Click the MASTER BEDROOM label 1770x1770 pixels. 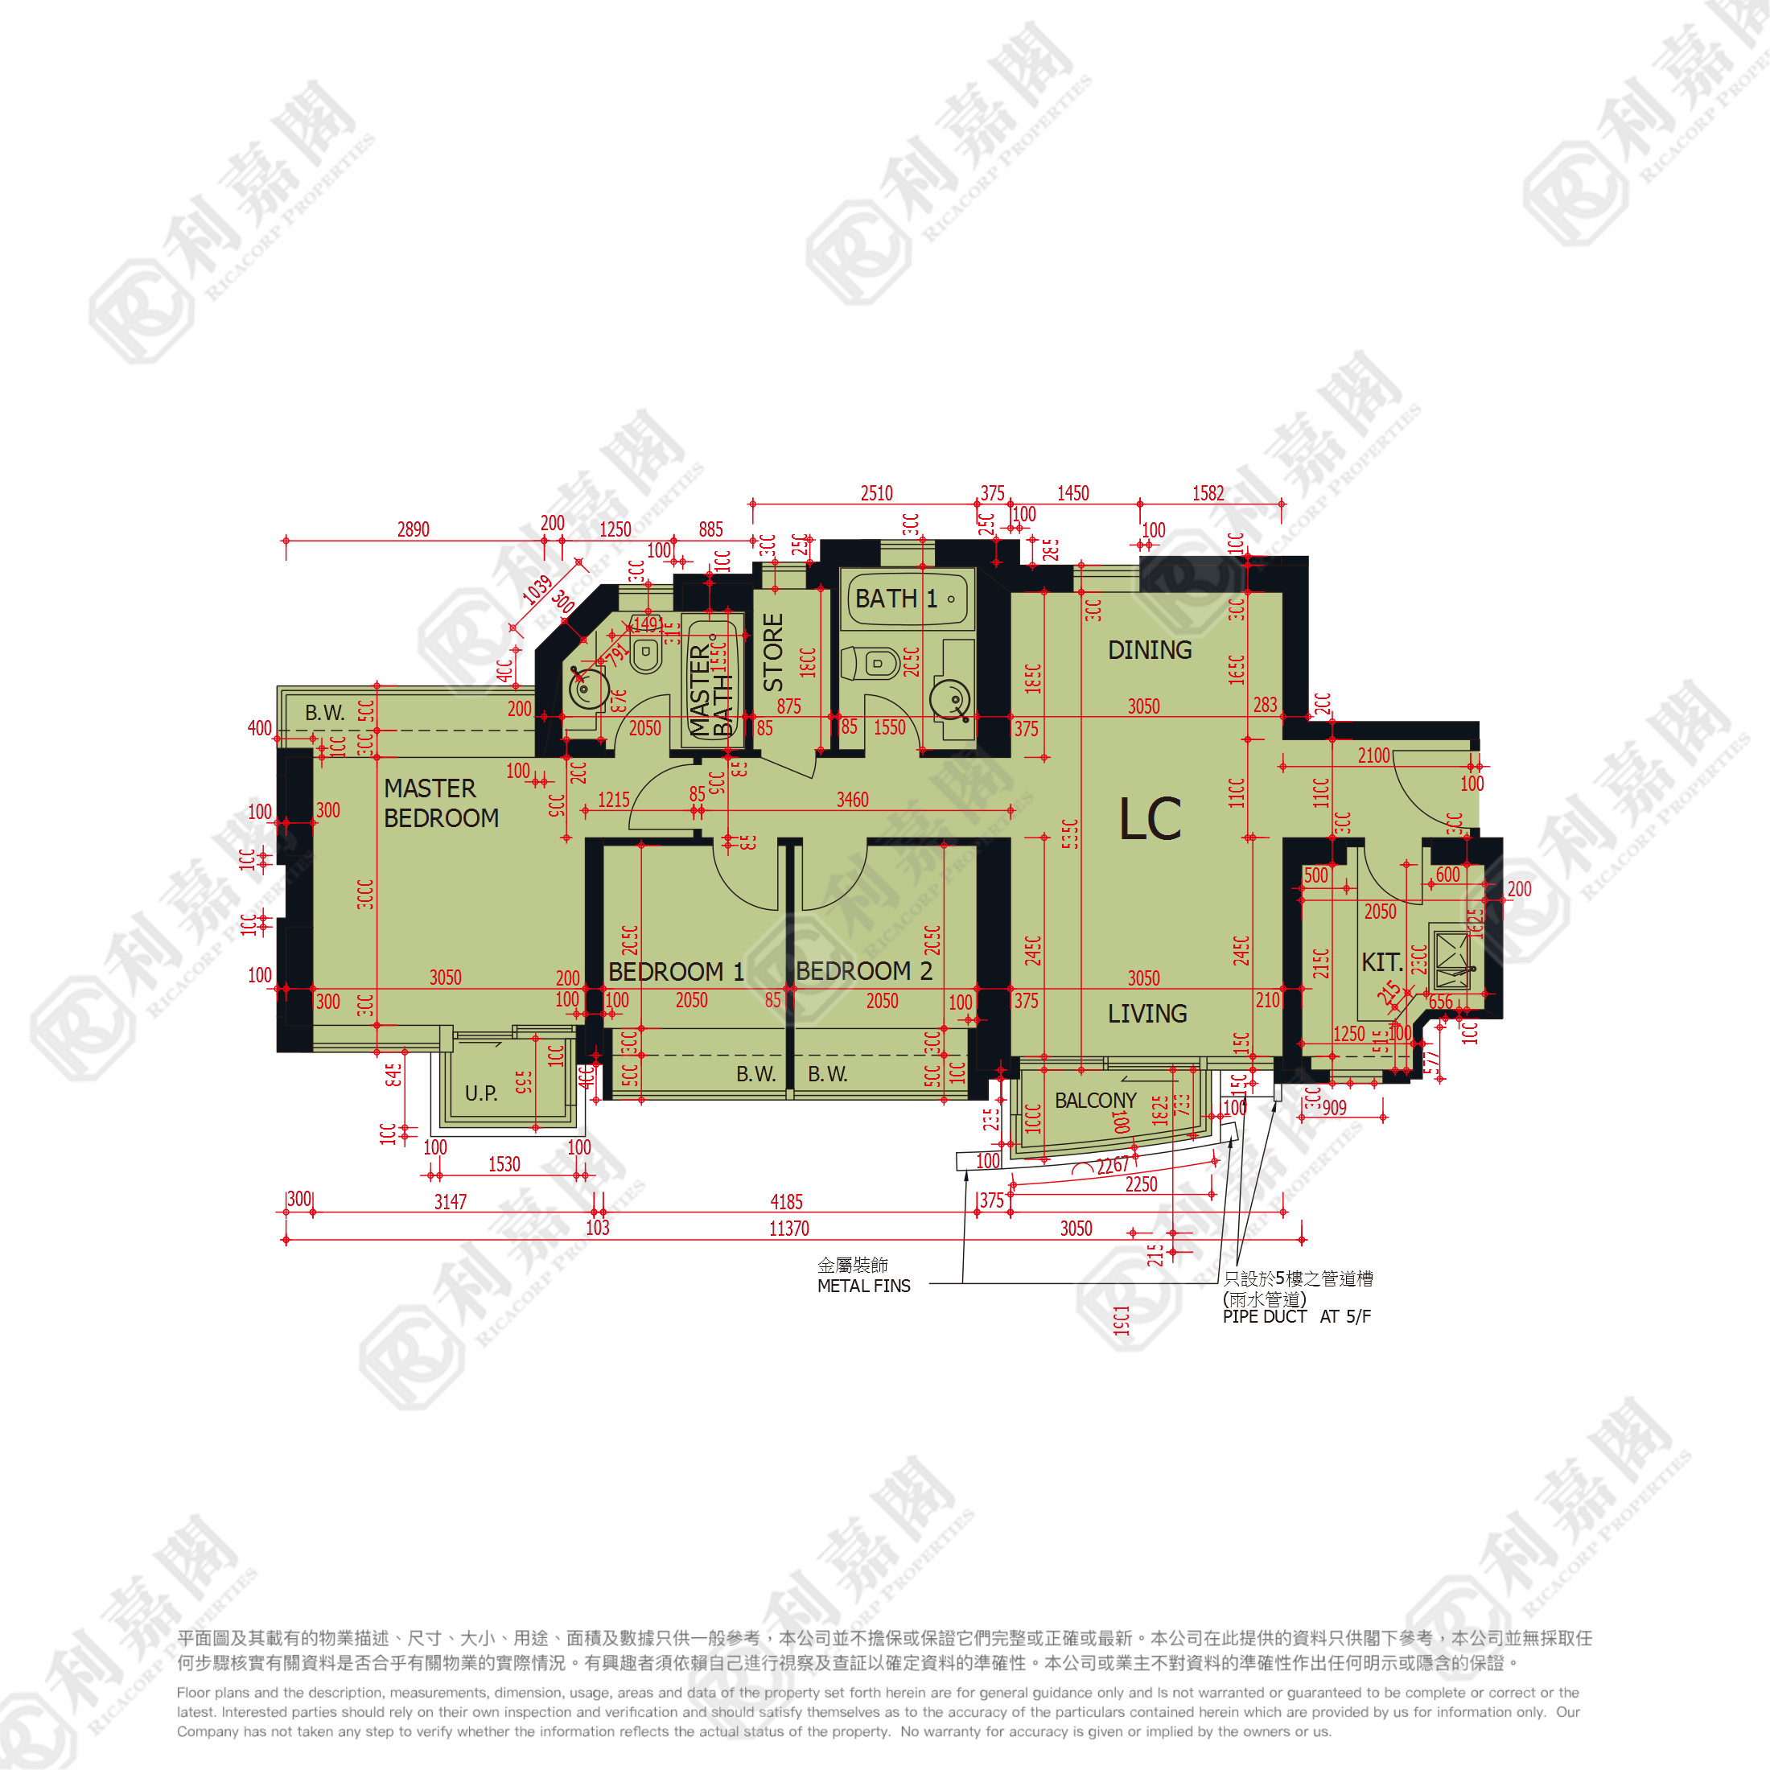[441, 803]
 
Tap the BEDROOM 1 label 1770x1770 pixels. [675, 971]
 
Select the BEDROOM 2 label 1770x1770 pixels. [863, 970]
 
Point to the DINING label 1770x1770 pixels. [1149, 650]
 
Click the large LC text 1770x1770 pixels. [1150, 818]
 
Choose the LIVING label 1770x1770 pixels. [1147, 1013]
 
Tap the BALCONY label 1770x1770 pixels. [1095, 1101]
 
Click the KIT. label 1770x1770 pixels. [1381, 962]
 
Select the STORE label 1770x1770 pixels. [773, 652]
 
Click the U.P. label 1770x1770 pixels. [480, 1093]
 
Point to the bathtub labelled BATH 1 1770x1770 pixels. [906, 599]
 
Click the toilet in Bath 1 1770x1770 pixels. [871, 662]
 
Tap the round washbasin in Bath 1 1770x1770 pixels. [950, 700]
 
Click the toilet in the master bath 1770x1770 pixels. [646, 655]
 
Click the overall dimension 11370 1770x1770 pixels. [788, 1229]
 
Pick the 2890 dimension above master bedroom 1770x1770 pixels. [414, 529]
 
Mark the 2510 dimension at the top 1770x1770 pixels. [876, 494]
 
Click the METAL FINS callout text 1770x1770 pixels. [863, 1286]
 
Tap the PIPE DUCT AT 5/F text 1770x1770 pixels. [1296, 1316]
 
